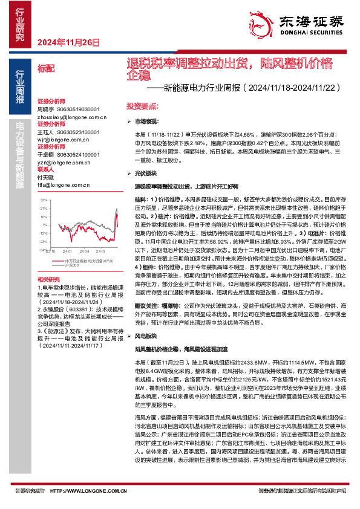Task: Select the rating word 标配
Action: tap(45, 70)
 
